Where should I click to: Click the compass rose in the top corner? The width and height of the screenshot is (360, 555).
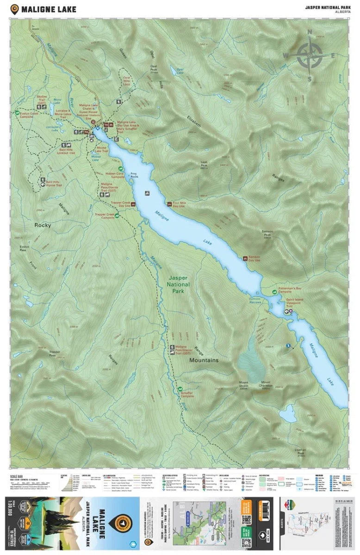coord(310,55)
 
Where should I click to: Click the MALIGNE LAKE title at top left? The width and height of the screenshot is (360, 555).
coord(44,9)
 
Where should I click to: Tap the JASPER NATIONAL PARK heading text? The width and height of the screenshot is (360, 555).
coord(326,7)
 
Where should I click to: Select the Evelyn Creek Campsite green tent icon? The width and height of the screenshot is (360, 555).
coord(17,112)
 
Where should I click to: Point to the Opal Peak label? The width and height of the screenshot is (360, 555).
coord(153,69)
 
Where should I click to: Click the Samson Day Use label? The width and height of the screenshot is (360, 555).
coord(255,259)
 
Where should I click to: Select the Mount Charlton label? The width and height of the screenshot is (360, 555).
coord(266,384)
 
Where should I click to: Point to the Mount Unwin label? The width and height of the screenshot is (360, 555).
coord(244,384)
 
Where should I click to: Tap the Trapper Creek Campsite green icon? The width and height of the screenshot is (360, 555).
coord(117,214)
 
